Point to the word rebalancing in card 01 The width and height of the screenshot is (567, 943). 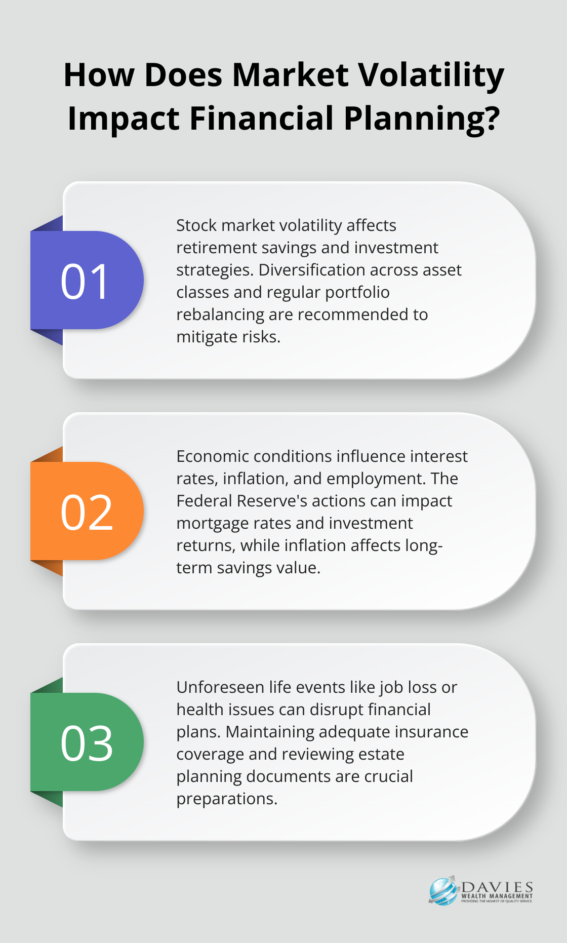click(x=220, y=315)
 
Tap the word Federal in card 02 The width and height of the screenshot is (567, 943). click(x=204, y=501)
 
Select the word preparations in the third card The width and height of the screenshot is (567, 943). click(x=227, y=799)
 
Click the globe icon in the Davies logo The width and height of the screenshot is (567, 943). click(x=443, y=891)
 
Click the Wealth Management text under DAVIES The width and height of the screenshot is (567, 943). click(x=497, y=896)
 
